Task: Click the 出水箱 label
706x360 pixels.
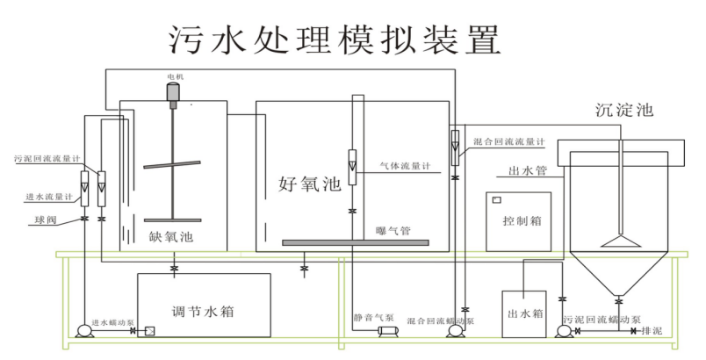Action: (x=525, y=313)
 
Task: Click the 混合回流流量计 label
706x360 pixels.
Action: (x=510, y=141)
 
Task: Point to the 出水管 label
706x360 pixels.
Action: (x=529, y=169)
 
